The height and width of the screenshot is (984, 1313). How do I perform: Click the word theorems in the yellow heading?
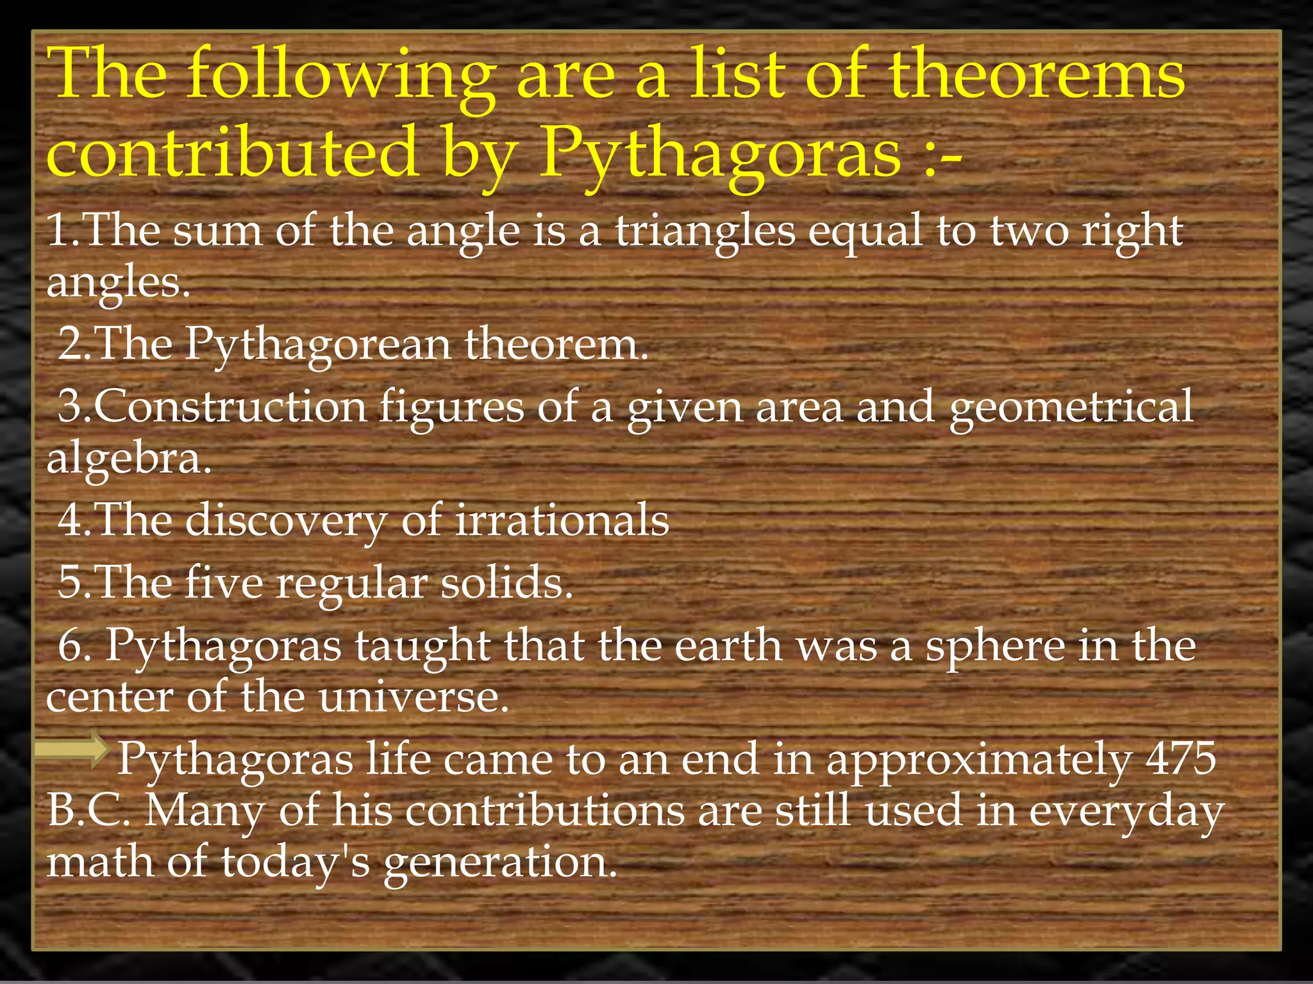coord(1037,76)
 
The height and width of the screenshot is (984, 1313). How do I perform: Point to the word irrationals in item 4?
coord(562,520)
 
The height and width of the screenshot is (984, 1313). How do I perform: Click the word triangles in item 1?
coord(705,232)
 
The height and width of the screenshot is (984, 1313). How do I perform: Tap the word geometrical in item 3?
coord(1071,408)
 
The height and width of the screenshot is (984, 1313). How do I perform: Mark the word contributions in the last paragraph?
coord(545,810)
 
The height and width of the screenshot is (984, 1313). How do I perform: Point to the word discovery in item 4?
coord(286,521)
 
